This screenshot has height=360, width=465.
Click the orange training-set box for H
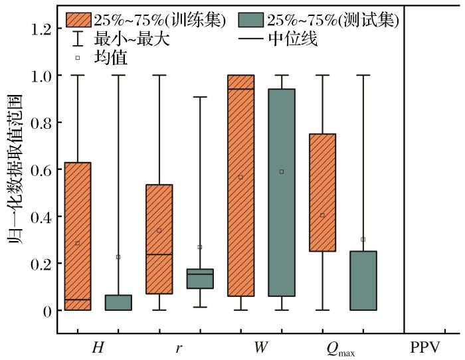click(78, 236)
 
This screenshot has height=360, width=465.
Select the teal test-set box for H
click(118, 302)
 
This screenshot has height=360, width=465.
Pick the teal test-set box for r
click(200, 278)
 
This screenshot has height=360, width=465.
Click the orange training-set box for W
click(240, 186)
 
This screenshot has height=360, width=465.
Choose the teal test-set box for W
click(281, 193)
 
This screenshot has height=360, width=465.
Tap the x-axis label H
click(98, 347)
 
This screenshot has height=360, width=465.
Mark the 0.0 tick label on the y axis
click(42, 311)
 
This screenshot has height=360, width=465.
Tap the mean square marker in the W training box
click(240, 177)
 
